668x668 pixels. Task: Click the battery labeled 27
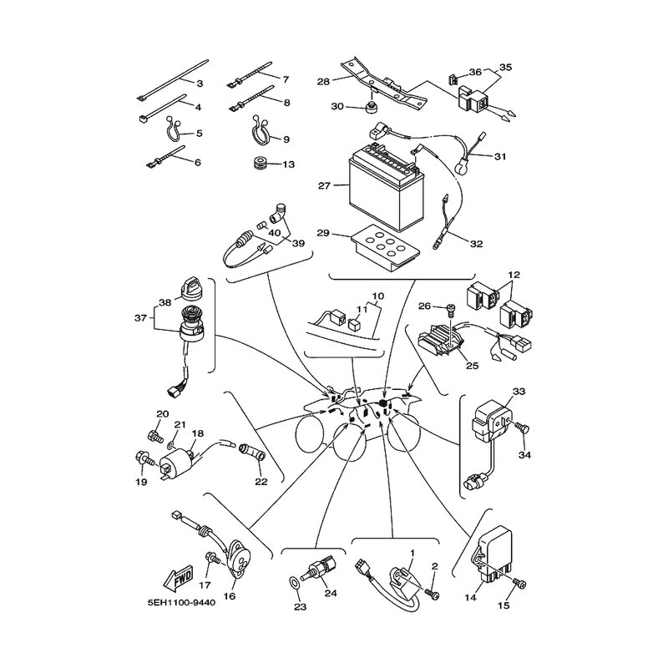tap(386, 187)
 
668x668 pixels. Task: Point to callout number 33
tap(519, 391)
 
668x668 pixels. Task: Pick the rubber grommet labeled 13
tap(259, 163)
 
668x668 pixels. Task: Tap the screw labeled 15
tap(519, 583)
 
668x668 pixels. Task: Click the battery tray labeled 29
tap(386, 248)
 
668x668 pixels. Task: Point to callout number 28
tap(323, 81)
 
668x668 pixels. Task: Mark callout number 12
tap(514, 275)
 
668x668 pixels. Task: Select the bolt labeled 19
tap(143, 458)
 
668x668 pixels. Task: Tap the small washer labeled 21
tap(170, 445)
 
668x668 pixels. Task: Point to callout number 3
tap(200, 83)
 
